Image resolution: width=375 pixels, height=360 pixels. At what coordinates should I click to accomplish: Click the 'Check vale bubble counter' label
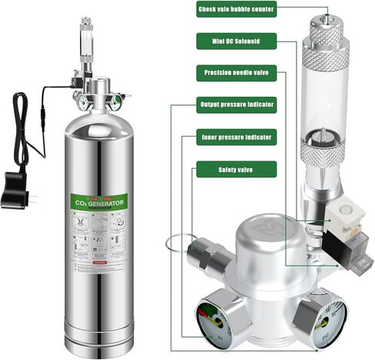235,9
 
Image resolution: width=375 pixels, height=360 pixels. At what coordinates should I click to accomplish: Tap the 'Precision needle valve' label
235,74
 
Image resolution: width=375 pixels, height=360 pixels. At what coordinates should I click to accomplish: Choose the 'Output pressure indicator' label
235,104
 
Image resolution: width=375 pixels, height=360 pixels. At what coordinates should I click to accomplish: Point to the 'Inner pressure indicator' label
235,135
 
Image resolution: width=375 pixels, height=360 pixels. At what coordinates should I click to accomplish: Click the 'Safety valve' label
235,167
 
